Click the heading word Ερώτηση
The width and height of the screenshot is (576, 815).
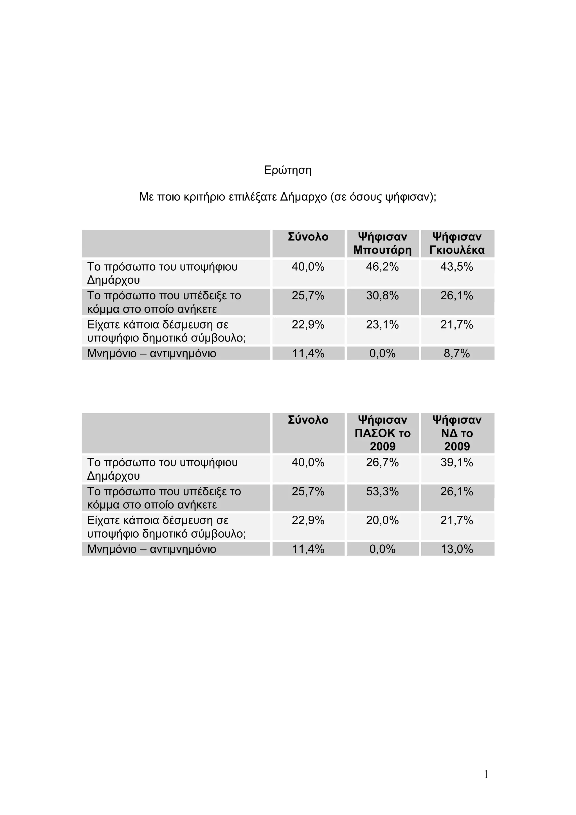[287, 170]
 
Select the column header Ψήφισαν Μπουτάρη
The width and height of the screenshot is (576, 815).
[382, 244]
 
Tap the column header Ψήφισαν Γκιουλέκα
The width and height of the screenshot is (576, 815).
[457, 244]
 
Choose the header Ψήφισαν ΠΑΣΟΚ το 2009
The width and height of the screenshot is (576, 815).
[382, 433]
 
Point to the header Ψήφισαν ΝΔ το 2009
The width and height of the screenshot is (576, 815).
[457, 433]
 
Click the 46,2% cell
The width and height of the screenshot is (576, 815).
[382, 267]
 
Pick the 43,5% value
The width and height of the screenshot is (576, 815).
[457, 267]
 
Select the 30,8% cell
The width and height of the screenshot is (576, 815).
[382, 296]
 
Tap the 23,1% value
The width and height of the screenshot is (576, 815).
[382, 325]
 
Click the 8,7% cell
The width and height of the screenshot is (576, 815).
[457, 354]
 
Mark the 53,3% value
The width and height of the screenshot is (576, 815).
[382, 492]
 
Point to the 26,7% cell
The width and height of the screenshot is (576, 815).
[382, 462]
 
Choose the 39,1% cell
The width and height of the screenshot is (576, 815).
[457, 462]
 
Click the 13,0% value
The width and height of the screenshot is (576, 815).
[457, 549]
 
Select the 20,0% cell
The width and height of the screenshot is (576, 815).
[382, 520]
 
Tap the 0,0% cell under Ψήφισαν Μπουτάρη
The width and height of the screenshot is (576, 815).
[382, 354]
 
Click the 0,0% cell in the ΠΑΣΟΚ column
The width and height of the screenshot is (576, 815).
[382, 549]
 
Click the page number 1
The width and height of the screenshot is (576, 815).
[486, 774]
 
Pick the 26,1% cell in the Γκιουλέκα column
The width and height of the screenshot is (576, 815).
[457, 296]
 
